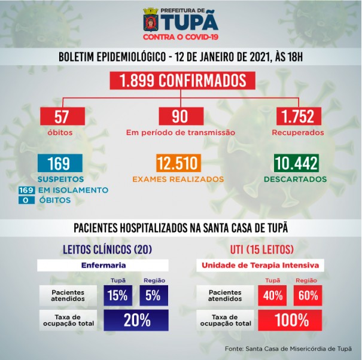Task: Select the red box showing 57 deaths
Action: [59, 115]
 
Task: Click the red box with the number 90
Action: [180, 115]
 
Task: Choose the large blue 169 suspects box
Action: [59, 163]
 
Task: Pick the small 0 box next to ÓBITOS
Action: [25, 200]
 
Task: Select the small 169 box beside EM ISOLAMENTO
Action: [25, 190]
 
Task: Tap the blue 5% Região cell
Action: [153, 294]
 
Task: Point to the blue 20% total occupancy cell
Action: [136, 320]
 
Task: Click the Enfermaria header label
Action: [103, 264]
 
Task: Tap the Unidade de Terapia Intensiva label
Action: [260, 264]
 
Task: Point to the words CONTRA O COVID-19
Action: [181, 36]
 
